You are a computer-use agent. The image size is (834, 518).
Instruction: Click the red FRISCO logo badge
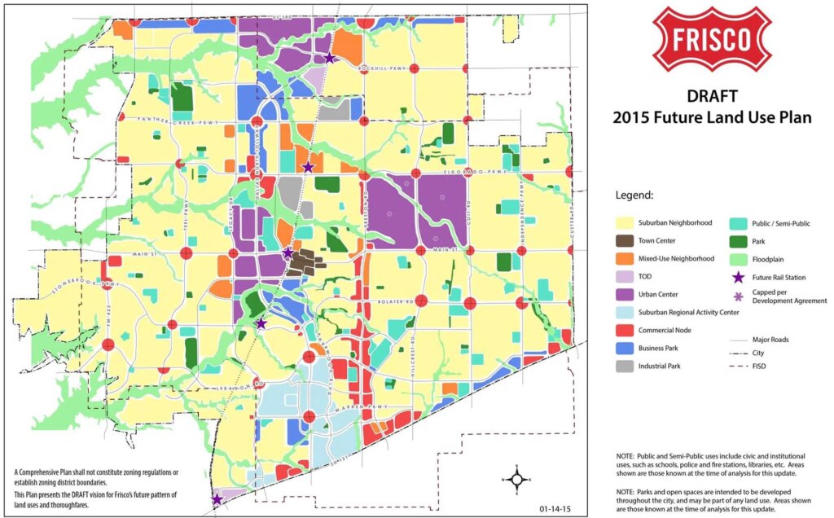click(713, 38)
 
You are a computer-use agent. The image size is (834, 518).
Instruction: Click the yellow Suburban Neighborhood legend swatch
click(628, 222)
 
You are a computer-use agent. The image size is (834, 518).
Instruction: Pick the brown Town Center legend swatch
click(628, 240)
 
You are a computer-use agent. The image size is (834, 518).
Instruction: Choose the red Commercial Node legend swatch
click(628, 330)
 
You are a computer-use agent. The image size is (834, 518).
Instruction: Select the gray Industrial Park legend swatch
click(628, 366)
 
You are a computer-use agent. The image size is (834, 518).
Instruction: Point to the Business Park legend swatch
click(628, 348)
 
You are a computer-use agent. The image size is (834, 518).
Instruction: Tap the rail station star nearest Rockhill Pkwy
click(329, 58)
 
